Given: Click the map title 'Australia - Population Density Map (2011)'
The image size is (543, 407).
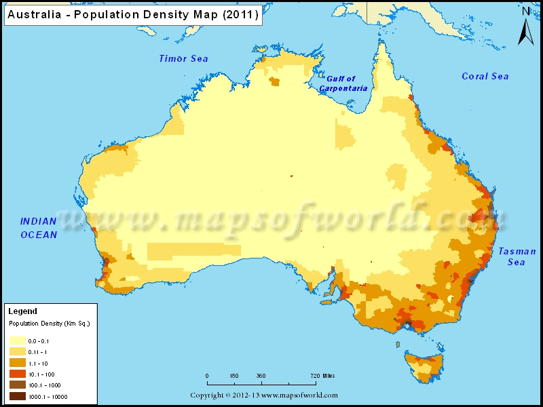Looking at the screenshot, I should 132,16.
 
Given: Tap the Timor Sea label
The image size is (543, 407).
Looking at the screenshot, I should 183,59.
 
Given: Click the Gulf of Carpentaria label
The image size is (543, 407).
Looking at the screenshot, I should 343,83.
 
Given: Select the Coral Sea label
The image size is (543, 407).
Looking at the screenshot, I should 485,77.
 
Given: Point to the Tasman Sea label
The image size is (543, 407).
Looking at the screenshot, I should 517,256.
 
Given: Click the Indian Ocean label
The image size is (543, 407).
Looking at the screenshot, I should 39,228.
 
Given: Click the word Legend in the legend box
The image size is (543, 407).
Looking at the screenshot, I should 22,311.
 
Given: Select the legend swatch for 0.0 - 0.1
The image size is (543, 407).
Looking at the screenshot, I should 17,341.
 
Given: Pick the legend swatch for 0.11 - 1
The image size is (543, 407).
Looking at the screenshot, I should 17,352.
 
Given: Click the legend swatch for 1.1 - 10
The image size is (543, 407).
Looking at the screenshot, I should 17,364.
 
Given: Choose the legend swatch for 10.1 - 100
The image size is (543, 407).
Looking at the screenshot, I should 17,374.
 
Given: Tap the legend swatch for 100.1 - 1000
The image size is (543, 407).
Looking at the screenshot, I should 17,385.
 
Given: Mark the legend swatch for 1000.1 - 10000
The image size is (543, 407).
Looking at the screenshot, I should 17,397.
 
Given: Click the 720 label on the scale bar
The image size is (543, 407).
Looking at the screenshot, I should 314,375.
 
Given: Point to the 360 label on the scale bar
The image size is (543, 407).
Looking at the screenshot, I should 261,375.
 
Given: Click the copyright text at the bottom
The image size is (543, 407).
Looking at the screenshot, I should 263,395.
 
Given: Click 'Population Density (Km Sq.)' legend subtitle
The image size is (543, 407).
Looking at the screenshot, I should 49,324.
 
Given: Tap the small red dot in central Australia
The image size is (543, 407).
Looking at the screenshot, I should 291,176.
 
